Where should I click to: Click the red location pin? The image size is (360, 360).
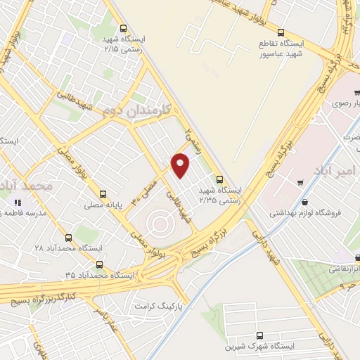coord(181,165)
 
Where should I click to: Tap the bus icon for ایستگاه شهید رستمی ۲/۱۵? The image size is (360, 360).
coord(124,29)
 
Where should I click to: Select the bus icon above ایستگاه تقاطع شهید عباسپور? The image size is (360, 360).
coord(281,32)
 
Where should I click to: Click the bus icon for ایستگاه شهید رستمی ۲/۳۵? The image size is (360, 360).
coord(220,179)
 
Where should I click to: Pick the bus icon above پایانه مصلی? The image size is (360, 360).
coord(104,193)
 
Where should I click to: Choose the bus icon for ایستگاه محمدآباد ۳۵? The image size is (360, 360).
coord(99,265)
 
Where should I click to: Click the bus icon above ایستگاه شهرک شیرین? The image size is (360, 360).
coord(261,336)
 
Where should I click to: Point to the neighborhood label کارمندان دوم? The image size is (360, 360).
coord(133,110)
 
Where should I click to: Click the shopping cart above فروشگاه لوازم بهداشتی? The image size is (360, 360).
coord(301,184)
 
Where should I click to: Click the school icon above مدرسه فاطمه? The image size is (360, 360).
coord(17,202)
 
